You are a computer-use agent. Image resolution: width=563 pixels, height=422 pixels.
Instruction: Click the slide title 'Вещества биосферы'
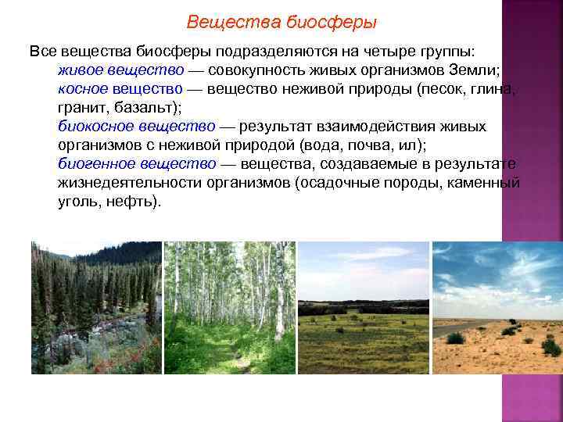point(281,22)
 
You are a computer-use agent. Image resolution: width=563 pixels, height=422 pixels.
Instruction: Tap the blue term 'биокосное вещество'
point(137,126)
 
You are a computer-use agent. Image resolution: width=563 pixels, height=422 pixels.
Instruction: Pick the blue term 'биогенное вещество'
point(138,163)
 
